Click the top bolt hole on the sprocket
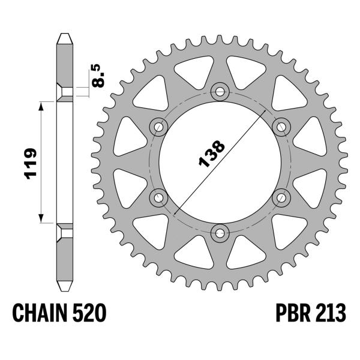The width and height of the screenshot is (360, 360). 220,91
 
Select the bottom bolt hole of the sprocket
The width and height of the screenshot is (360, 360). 220,232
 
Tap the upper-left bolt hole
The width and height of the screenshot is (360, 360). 159,126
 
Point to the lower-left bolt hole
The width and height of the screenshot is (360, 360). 159,197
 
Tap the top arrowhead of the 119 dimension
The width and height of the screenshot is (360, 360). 41,104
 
